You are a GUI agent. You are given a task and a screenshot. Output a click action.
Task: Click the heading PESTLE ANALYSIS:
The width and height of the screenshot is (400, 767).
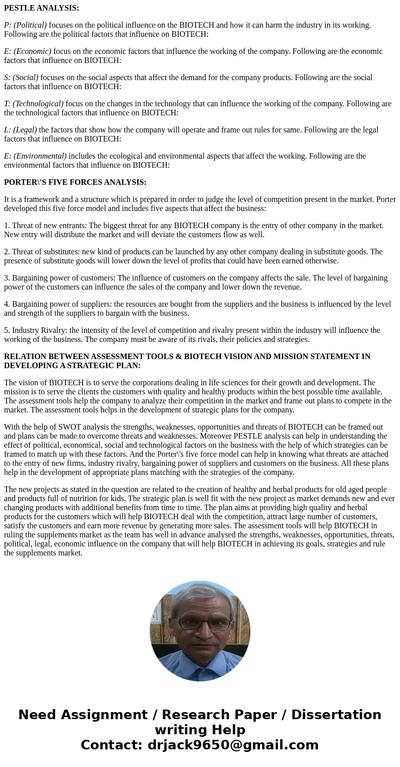coord(41,8)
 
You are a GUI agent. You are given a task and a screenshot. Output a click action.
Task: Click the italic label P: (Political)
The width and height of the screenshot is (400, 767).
coord(25,25)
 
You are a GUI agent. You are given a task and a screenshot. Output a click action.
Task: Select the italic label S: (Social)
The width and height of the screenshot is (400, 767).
coord(21,78)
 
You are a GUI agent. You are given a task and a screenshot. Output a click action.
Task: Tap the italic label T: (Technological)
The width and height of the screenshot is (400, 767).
coord(34,104)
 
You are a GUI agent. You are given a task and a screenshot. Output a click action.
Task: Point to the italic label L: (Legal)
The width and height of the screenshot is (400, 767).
coord(21,130)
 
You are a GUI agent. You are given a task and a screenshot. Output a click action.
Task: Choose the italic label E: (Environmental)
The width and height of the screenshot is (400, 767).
coord(35,156)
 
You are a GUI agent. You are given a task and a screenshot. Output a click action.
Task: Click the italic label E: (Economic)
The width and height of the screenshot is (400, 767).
coord(28,51)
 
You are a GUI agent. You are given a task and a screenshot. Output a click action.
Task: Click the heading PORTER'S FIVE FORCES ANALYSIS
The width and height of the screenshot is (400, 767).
coord(75,182)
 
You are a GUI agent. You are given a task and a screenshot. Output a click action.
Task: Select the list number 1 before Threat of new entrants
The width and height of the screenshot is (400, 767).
coord(7,226)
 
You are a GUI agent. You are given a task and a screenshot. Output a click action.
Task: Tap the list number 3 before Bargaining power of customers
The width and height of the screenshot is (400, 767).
coord(7,278)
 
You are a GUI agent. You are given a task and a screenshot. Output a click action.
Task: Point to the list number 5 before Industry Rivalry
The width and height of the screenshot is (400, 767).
coord(7,330)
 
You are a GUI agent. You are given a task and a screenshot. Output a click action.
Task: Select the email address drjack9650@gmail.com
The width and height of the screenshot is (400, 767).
coord(233,745)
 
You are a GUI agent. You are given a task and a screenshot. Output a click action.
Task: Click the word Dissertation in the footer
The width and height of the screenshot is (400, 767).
coord(336,715)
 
